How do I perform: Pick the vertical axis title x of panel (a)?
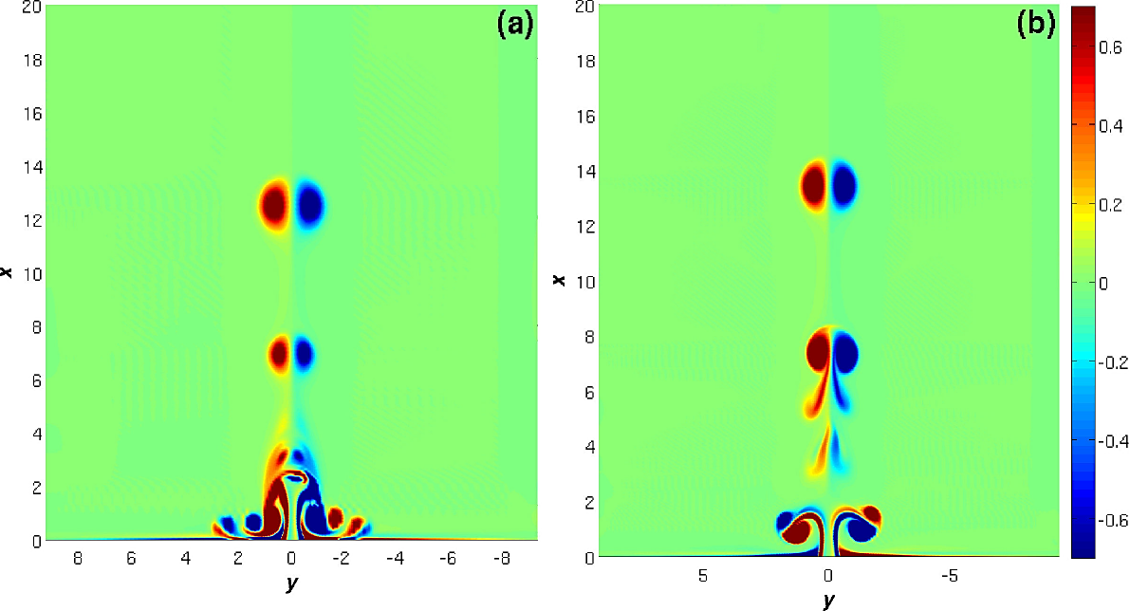(8, 273)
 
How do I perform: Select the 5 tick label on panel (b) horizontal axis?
(703, 576)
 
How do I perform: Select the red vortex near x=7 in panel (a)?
(279, 354)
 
